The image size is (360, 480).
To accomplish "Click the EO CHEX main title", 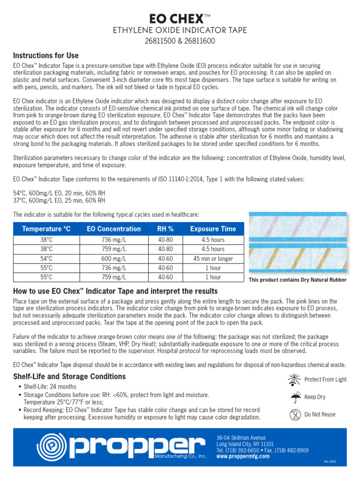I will pyautogui.click(x=180, y=19).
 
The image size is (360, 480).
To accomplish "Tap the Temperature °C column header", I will pyautogui.click(x=46, y=229).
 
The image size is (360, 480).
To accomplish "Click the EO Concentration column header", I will pyautogui.click(x=113, y=229).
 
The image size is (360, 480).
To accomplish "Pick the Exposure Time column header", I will pyautogui.click(x=213, y=229).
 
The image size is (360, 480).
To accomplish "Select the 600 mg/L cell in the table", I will pyautogui.click(x=113, y=258).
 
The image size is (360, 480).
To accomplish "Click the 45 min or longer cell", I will pyautogui.click(x=213, y=258).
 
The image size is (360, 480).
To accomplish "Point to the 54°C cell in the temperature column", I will pyautogui.click(x=46, y=258).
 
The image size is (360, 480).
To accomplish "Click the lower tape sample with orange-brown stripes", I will pyautogui.click(x=297, y=257).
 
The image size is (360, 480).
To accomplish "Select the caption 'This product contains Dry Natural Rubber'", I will pyautogui.click(x=298, y=280).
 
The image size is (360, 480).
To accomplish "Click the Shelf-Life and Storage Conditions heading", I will pyautogui.click(x=69, y=376).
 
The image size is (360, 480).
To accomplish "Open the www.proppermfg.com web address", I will pyautogui.click(x=243, y=456).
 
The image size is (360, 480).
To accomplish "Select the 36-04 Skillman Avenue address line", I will pyautogui.click(x=241, y=438).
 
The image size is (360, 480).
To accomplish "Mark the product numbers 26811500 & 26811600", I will pyautogui.click(x=180, y=41).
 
